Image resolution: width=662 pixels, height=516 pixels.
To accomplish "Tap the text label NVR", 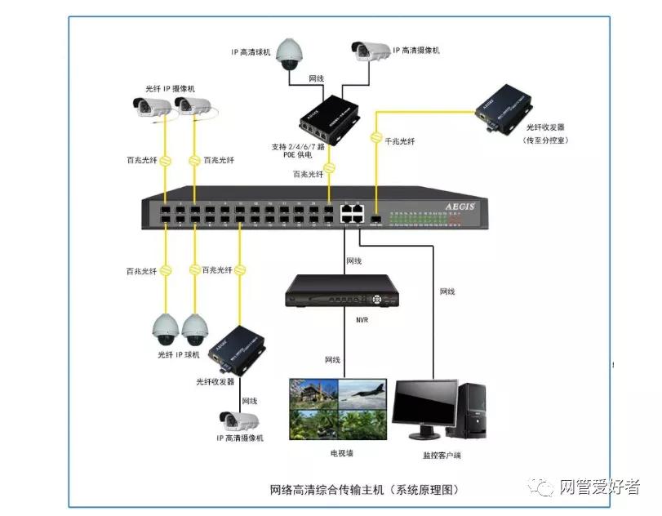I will coord(362,319).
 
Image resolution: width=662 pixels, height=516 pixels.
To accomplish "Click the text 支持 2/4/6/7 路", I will coord(298,148).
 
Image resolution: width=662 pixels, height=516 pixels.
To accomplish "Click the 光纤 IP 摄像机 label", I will coord(171,88).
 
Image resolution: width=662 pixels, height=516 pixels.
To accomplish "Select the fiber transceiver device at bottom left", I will coord(238,349).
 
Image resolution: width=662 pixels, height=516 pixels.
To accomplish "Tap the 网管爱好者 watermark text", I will coord(599,487).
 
